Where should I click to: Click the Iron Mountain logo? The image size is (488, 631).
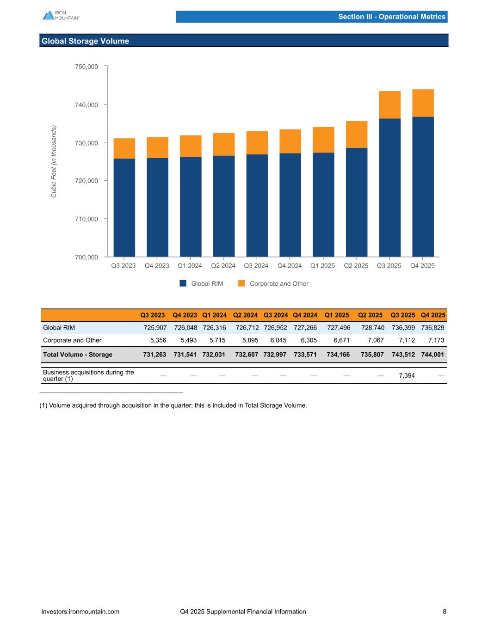coord(61,15)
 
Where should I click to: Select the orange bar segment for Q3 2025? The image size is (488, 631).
coord(389,105)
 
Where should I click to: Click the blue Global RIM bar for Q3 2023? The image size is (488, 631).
coord(124,208)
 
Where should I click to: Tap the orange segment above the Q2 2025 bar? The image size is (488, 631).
coord(357,135)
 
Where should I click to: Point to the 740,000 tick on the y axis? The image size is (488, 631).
coord(86,105)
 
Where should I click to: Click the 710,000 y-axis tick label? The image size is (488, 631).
coord(86,219)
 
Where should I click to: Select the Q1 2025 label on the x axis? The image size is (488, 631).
coord(322,266)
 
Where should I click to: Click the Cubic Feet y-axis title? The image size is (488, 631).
coord(54,161)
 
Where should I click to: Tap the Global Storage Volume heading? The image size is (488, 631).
coord(86,41)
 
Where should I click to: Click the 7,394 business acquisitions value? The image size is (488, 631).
coord(407,375)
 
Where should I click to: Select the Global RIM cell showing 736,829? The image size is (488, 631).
coord(433,328)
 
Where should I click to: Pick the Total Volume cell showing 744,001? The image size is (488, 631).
coord(433,355)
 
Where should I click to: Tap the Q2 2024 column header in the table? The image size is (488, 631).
coord(245,315)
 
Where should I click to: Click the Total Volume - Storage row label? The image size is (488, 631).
coord(78,355)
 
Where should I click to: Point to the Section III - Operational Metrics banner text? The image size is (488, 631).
coord(391,17)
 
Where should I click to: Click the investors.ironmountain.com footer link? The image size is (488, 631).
coord(80,612)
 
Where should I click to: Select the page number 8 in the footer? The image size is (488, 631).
coord(445,612)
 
